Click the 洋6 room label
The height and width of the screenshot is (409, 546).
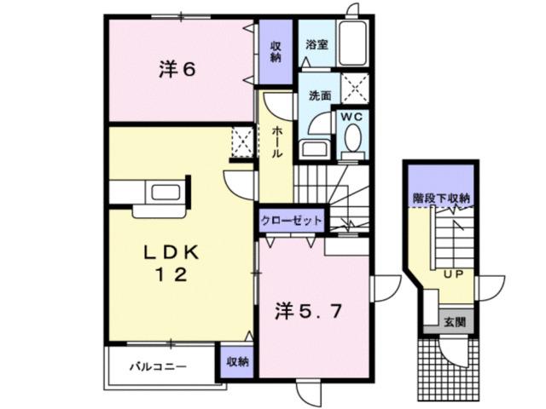click(177, 70)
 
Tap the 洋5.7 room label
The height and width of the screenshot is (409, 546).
click(308, 312)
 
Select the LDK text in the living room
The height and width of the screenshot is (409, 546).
click(170, 252)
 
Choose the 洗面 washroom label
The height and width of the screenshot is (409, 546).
click(319, 96)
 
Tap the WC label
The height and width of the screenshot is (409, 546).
click(351, 116)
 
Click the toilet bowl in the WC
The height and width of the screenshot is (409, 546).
click(351, 141)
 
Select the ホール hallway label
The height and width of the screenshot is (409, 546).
click(279, 141)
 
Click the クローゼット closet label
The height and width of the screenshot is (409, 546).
click(292, 221)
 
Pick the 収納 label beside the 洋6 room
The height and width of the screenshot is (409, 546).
click(276, 51)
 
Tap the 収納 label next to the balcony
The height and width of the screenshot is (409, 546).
click(238, 360)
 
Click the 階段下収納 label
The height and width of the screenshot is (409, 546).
click(441, 199)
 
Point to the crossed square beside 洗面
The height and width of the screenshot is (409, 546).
click(352, 88)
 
